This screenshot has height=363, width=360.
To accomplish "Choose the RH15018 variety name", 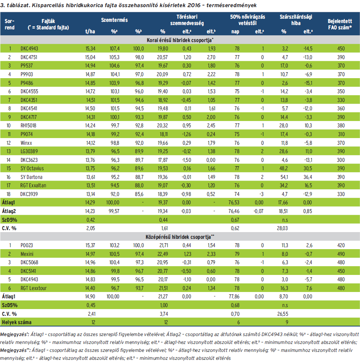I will pyautogui.click(x=29, y=125).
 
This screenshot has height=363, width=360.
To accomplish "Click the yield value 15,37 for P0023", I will pyautogui.click(x=91, y=245).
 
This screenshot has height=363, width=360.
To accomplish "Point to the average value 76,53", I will pyautogui.click(x=235, y=202).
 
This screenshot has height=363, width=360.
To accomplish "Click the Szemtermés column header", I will pyautogui.click(x=115, y=20).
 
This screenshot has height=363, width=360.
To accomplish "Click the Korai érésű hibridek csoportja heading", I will pyautogui.click(x=180, y=40).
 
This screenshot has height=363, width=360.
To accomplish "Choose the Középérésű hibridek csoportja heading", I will pyautogui.click(x=180, y=236).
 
